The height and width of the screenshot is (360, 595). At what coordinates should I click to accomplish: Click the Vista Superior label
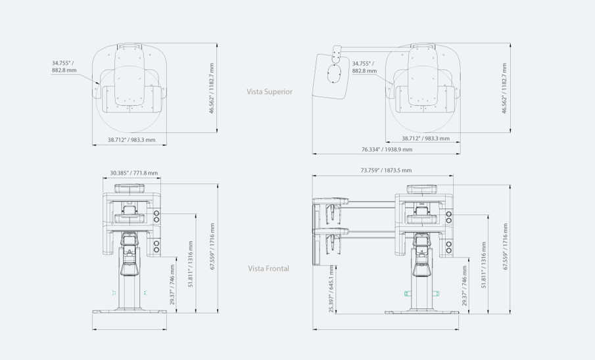(270, 92)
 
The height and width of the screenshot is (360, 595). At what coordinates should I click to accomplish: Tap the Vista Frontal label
(268, 269)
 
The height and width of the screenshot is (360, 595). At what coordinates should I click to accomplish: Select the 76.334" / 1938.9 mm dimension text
(387, 150)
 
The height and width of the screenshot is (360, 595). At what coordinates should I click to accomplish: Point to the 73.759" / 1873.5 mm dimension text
(386, 170)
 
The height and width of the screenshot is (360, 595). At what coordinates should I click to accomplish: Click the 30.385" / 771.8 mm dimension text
(134, 173)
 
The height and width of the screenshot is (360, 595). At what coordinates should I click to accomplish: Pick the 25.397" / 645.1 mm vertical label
(331, 288)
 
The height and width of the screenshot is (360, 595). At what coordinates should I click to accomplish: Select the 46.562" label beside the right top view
(504, 89)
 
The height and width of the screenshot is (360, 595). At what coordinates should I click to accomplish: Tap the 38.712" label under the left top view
(131, 140)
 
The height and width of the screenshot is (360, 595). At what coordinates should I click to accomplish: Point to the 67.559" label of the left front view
(212, 246)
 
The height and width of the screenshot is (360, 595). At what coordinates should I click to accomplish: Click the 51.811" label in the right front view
(483, 265)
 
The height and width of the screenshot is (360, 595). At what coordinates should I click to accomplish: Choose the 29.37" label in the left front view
(172, 285)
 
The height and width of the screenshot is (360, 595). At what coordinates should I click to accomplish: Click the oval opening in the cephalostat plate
(334, 73)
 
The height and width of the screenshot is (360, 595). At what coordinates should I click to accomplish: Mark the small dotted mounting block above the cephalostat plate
(337, 55)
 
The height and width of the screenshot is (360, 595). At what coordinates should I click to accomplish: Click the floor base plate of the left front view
(130, 311)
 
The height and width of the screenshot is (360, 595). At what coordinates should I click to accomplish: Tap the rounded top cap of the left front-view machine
(130, 188)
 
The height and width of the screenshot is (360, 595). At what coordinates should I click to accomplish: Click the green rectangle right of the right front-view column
(437, 293)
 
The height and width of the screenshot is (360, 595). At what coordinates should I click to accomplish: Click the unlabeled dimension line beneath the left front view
(130, 329)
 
